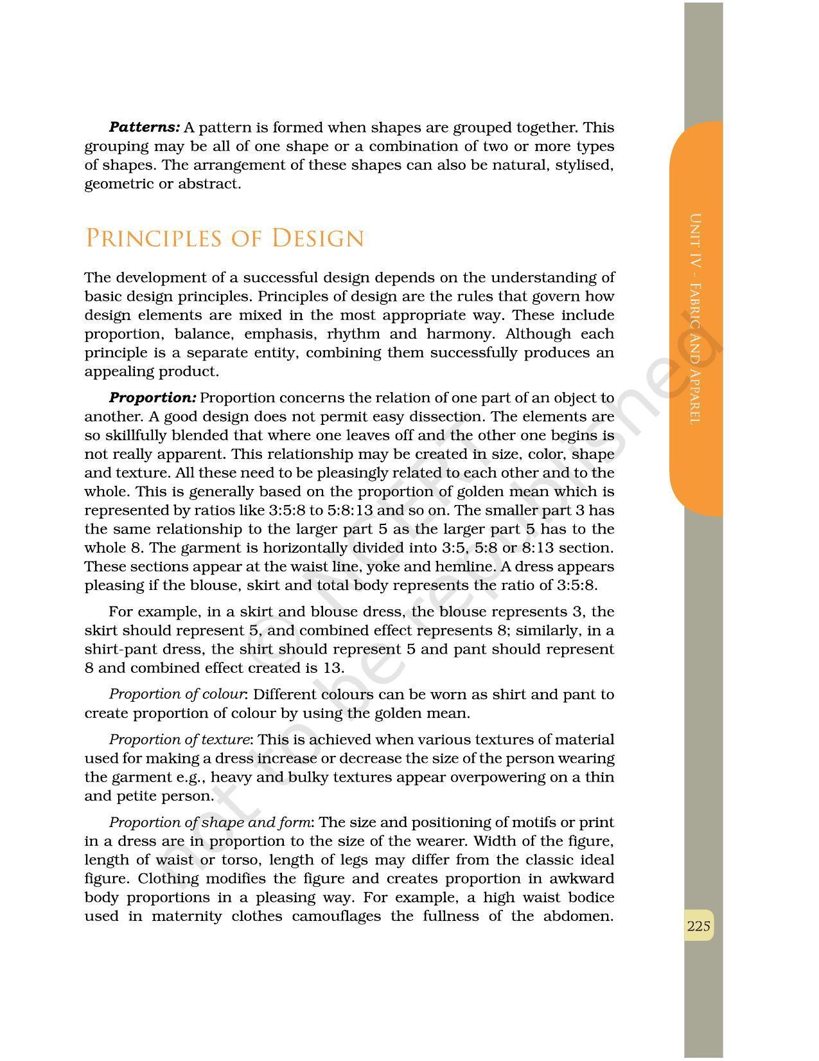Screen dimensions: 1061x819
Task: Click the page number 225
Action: (698, 926)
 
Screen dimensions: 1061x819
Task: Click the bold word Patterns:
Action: (144, 127)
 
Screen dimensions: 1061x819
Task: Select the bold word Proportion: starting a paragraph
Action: (152, 398)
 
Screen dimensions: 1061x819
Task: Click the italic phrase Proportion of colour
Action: (177, 694)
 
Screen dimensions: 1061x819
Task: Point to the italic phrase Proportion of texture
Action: (179, 740)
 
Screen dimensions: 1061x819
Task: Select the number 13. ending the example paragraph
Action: (333, 668)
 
